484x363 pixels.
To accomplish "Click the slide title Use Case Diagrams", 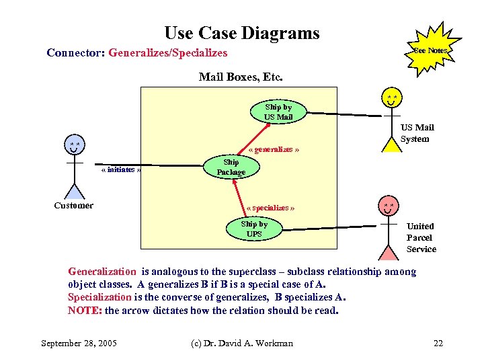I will [x=242, y=33].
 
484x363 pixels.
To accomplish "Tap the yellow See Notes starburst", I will [x=430, y=50].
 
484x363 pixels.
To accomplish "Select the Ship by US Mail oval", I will [x=278, y=112].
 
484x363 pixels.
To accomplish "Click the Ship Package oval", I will [x=231, y=167].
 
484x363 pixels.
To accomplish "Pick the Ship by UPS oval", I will [x=254, y=229].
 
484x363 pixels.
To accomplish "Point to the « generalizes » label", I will [x=274, y=149].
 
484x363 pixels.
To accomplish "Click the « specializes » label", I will [x=271, y=208].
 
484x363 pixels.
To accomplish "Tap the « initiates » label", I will [x=121, y=169].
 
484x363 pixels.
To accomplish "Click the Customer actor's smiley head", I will [x=75, y=146].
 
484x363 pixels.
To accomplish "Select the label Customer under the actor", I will [x=74, y=205].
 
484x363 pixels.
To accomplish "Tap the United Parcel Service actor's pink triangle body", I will [x=389, y=253].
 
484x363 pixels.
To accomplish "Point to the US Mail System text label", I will [x=417, y=133].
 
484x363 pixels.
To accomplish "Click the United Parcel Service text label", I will [x=421, y=237].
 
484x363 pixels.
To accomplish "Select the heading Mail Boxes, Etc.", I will [x=241, y=77].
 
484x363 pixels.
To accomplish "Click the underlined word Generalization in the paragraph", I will [x=102, y=272].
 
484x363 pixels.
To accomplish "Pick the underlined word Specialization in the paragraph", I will [x=99, y=296].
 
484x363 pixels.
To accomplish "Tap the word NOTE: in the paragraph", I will [x=85, y=311].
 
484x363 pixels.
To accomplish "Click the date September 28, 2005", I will [x=79, y=344].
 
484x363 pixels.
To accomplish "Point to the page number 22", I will [x=438, y=344].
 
